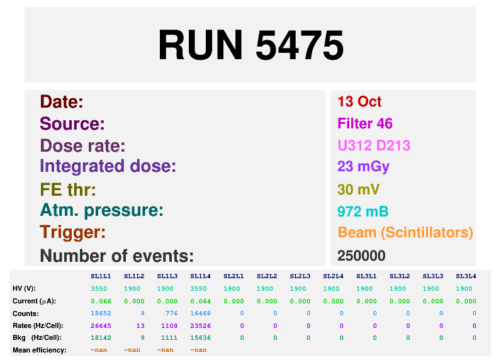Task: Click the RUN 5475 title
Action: pos(250,45)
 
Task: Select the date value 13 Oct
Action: pos(359,102)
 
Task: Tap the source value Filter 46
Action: pos(365,123)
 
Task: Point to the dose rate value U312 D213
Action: pos(374,145)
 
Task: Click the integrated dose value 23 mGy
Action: pos(363,167)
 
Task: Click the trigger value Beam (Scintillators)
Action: pos(405,232)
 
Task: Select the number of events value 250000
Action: pos(361,256)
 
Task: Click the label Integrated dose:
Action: pos(108,167)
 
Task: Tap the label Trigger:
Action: pos(72,232)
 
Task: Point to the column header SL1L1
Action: pos(101,276)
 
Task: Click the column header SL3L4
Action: pos(466,276)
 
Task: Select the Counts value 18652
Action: pos(101,313)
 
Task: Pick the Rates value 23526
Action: pos(201,325)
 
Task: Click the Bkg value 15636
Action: pos(201,337)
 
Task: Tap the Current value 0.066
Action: pos(101,301)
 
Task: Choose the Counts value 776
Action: pos(167,313)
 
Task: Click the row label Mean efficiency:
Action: pos(40,350)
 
